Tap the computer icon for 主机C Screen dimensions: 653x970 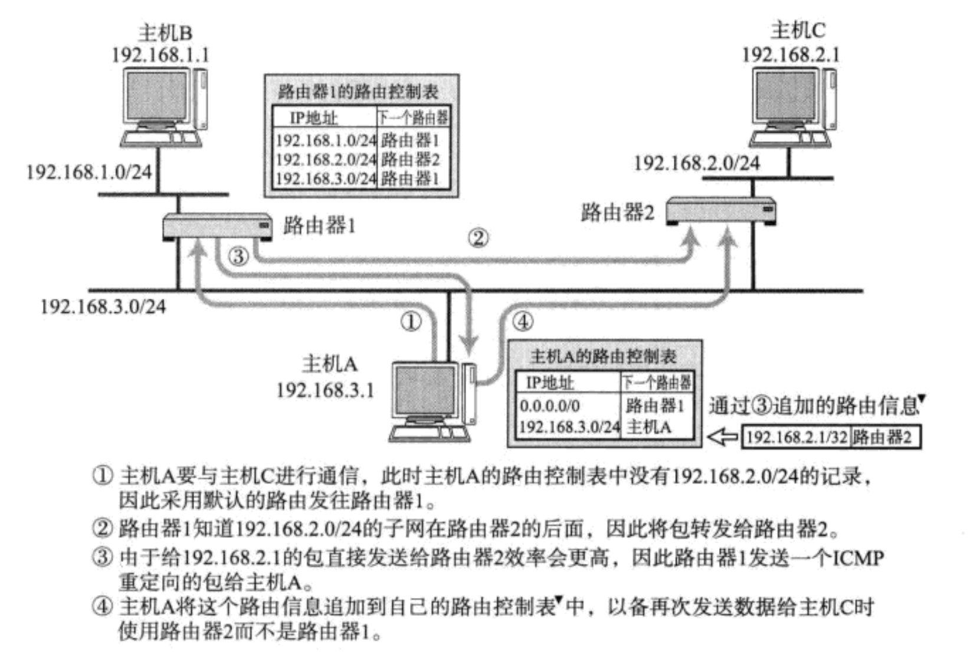(x=792, y=107)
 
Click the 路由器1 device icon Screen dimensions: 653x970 (x=217, y=227)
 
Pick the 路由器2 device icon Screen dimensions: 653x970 (x=720, y=211)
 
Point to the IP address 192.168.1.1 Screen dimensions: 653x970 (x=160, y=55)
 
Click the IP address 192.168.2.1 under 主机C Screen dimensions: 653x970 (x=791, y=55)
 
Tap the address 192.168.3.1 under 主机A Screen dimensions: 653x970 (x=325, y=390)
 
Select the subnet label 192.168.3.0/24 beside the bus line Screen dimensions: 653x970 (x=103, y=307)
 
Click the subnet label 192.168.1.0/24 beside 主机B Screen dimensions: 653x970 (x=89, y=172)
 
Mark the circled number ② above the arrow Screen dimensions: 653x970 (x=478, y=238)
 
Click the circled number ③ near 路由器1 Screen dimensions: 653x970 (x=238, y=256)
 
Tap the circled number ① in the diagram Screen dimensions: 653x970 (x=411, y=322)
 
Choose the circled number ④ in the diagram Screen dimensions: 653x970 (x=523, y=322)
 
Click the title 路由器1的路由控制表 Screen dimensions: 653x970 (x=358, y=92)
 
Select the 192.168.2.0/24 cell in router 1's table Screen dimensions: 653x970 (x=326, y=159)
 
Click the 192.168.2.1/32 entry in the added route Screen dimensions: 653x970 (x=797, y=437)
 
